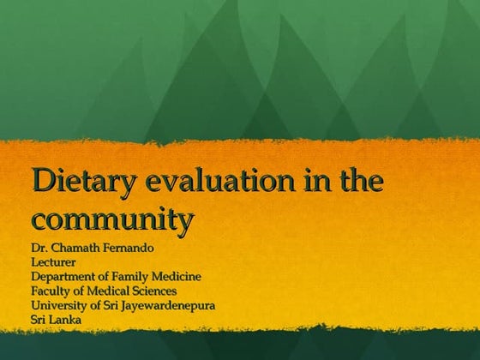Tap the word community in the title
point(111,219)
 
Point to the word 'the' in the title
point(357,182)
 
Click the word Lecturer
point(54,262)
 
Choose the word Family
point(135,276)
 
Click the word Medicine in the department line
point(178,276)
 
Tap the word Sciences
point(157,290)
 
